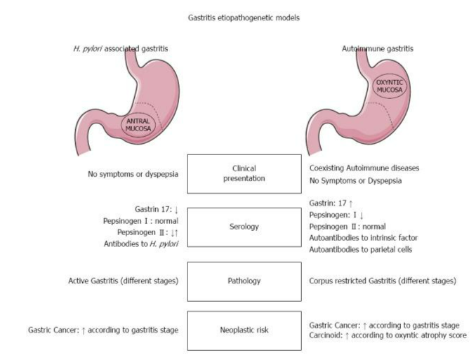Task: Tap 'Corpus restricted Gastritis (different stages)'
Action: pyautogui.click(x=383, y=281)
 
